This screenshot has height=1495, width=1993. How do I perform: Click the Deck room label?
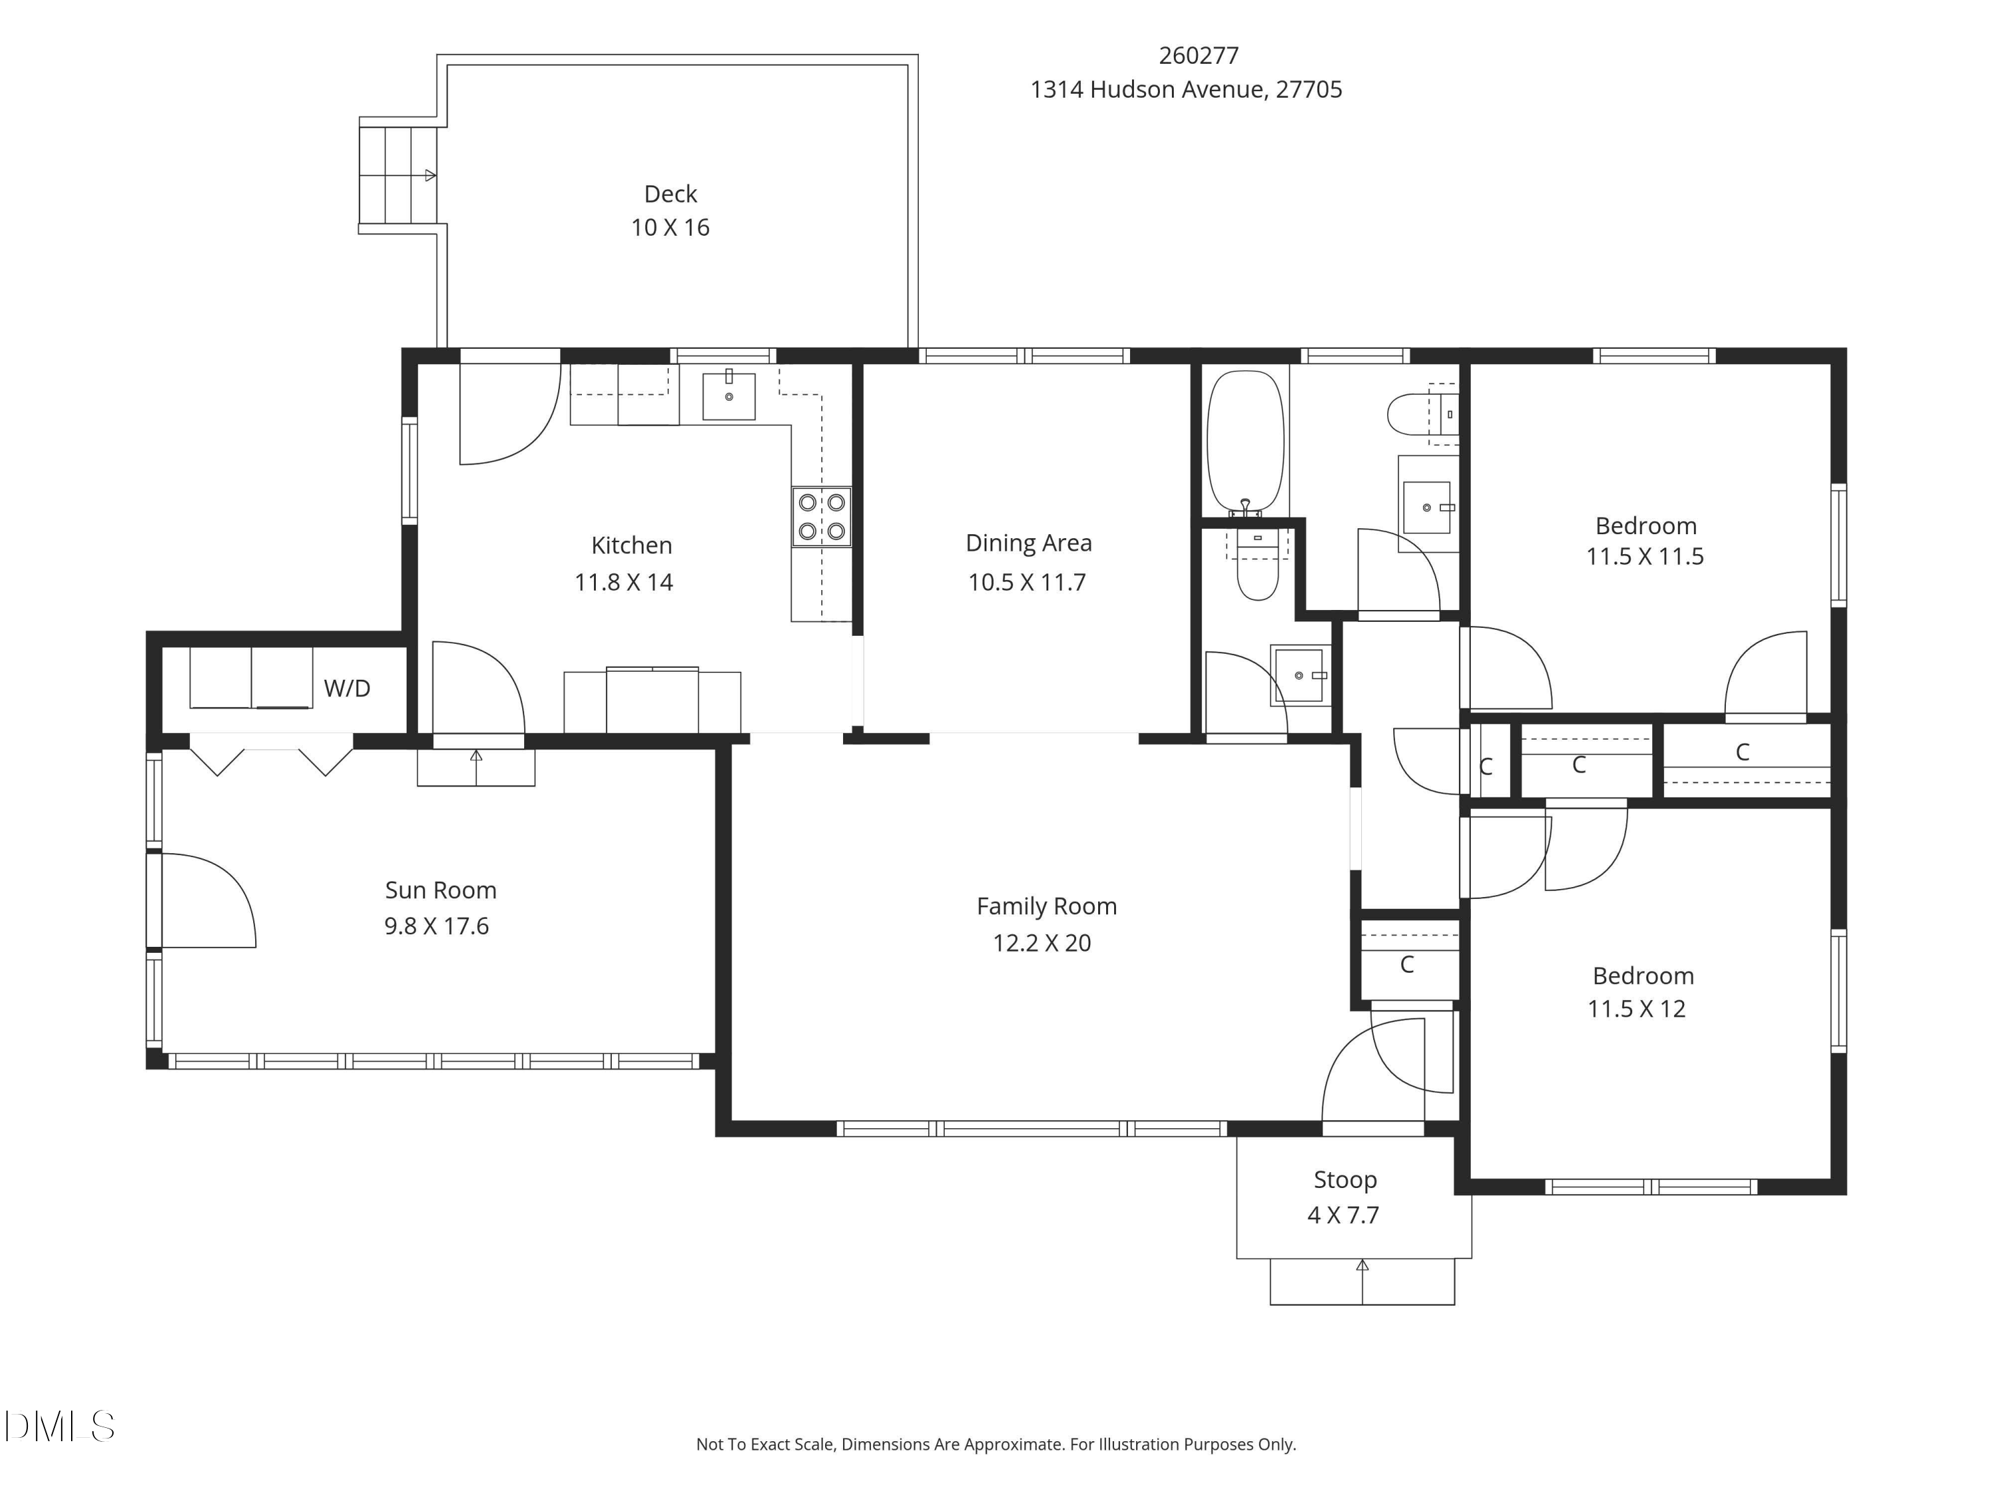[x=670, y=194]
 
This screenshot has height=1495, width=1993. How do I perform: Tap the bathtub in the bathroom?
[x=1245, y=443]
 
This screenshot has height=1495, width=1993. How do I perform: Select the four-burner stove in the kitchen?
[x=822, y=516]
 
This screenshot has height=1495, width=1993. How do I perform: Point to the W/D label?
[x=347, y=688]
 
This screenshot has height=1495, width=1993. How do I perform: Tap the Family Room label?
[x=1046, y=906]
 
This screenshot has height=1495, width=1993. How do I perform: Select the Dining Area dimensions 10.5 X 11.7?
[x=1026, y=582]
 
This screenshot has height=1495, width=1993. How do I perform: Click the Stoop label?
[x=1345, y=1179]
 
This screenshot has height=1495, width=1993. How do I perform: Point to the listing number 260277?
[x=1198, y=56]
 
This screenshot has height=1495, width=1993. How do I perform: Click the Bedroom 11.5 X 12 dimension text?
[x=1636, y=1009]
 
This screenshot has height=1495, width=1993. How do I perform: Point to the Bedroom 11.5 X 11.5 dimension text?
[x=1644, y=556]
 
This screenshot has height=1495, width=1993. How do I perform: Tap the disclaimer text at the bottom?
[x=996, y=1445]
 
